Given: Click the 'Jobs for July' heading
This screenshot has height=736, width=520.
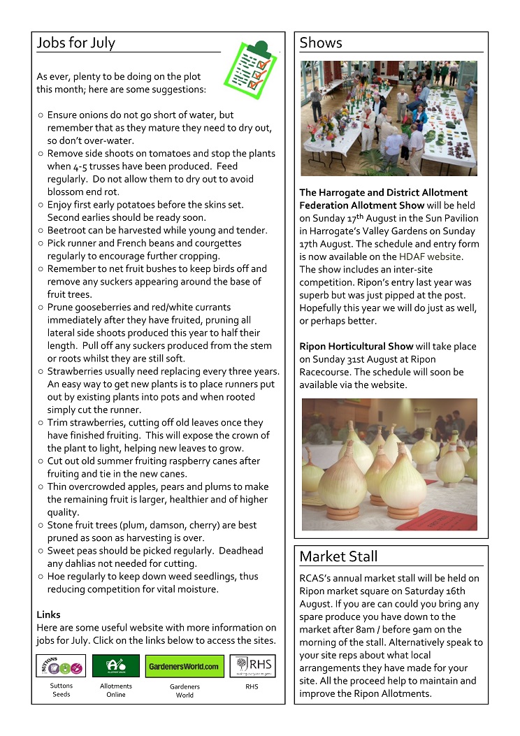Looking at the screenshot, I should [x=75, y=43].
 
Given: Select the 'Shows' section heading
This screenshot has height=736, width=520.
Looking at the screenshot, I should [x=321, y=43].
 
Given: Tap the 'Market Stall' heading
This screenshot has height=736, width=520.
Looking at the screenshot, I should [x=338, y=557].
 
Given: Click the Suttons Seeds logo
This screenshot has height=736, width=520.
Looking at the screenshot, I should [x=61, y=666].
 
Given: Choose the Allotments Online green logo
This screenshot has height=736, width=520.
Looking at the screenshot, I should [x=115, y=666].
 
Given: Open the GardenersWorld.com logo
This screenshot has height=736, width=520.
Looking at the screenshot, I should [x=185, y=666].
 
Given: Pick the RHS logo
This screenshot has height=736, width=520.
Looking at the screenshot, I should [x=252, y=666].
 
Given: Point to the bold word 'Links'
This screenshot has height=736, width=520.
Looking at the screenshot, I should [x=48, y=615].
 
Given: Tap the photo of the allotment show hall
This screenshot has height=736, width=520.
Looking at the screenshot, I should [x=389, y=118].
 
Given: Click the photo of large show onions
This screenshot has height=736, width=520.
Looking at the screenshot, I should [x=389, y=464].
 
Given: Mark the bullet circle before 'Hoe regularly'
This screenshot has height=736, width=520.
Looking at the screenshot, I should [x=41, y=577].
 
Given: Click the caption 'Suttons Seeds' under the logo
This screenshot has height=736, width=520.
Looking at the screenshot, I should [x=61, y=690].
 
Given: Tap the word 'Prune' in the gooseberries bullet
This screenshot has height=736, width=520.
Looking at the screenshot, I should [x=60, y=308].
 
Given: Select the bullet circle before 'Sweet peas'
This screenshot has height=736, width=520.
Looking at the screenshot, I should [x=41, y=551].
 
